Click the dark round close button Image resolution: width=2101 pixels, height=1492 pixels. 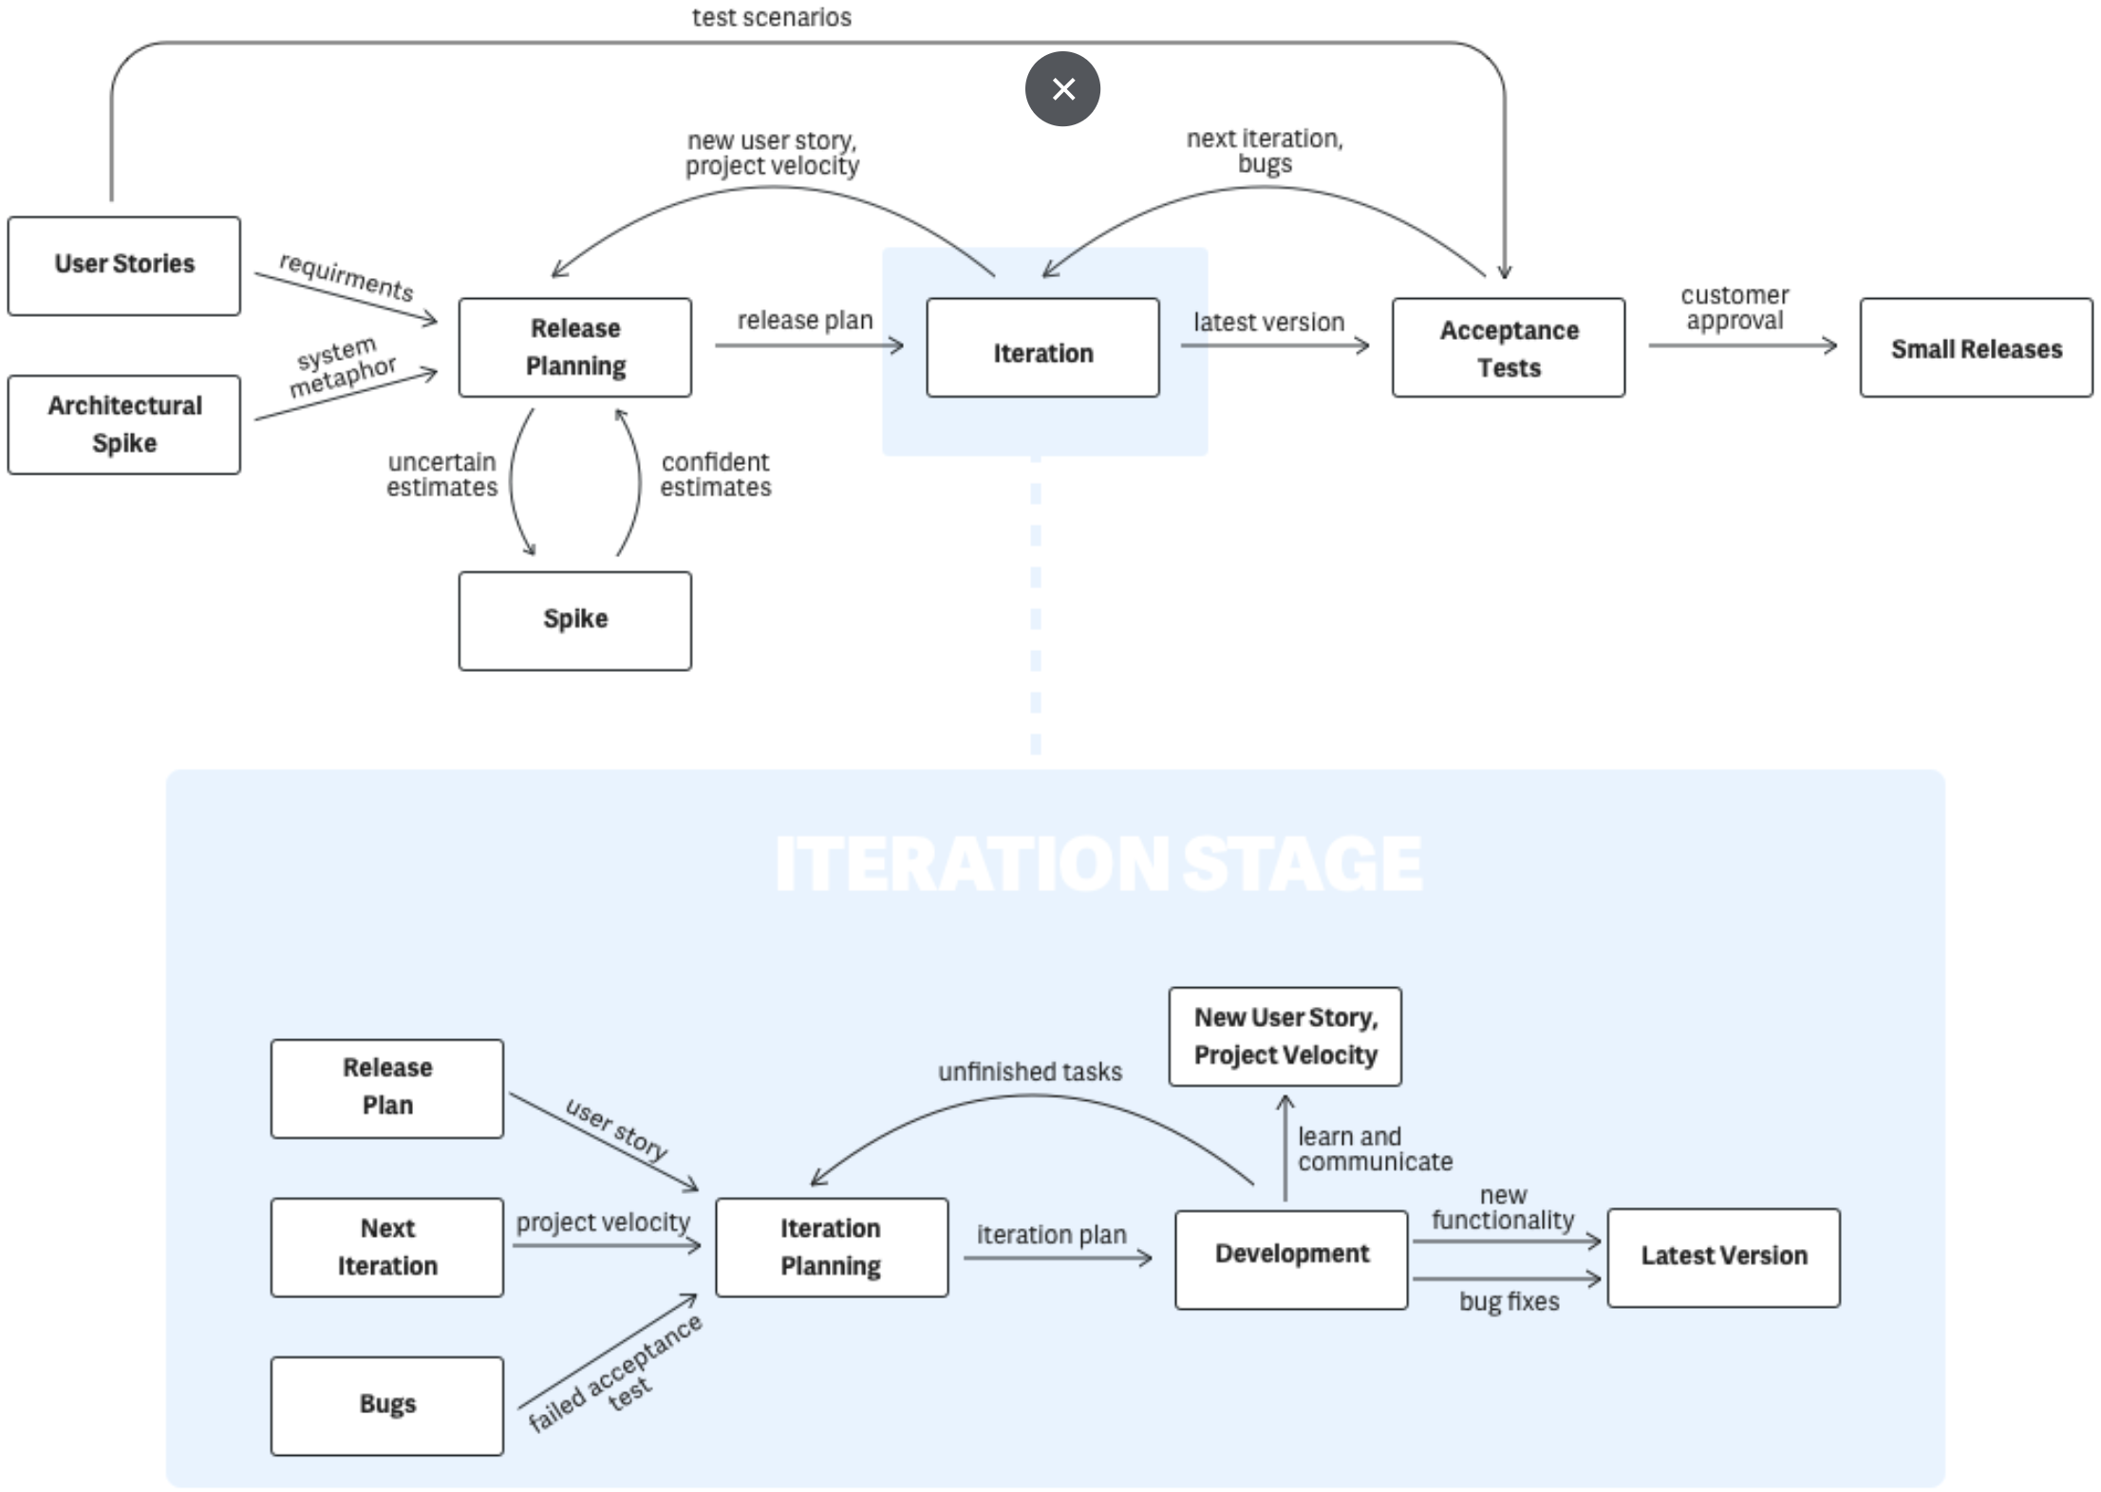1062,89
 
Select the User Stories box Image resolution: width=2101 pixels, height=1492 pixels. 124,266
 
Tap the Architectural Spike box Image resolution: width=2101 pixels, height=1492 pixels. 124,424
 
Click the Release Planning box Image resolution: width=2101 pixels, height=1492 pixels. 575,347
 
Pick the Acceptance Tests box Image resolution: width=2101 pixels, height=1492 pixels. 1509,347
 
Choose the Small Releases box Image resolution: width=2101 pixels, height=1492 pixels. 1976,347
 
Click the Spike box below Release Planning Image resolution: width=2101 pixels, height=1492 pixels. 575,621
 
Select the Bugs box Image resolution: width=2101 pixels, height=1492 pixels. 387,1406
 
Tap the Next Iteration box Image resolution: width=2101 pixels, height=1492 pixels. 387,1247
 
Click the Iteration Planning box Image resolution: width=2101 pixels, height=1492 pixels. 832,1247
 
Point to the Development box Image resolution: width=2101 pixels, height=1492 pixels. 1291,1259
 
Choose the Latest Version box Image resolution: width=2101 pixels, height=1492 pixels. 1723,1258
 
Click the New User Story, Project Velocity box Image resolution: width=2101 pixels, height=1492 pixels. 1285,1036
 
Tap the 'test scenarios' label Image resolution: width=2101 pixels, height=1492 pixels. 772,17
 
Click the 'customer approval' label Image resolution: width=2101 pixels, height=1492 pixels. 1735,308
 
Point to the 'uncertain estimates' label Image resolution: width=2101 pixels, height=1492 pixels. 441,475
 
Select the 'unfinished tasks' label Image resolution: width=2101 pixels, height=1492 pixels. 1030,1072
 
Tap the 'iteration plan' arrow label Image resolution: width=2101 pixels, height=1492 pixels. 1052,1235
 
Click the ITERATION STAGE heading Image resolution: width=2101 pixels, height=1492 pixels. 1098,864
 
